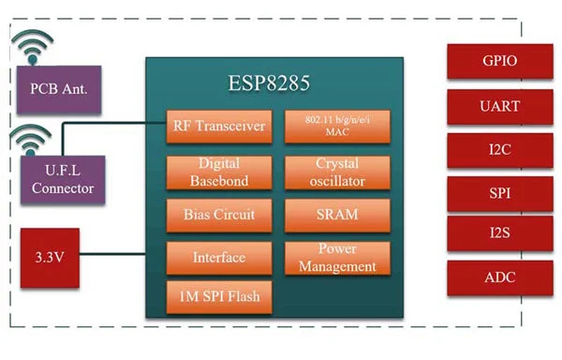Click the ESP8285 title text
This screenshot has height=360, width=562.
(269, 83)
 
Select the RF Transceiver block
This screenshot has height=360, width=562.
(219, 127)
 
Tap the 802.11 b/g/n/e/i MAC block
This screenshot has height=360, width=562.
(337, 127)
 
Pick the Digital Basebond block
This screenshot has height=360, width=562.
(219, 172)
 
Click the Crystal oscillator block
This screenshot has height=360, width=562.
(337, 172)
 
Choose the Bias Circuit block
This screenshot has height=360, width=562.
(219, 216)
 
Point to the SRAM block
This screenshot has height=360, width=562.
(337, 216)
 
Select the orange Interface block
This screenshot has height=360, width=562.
(219, 258)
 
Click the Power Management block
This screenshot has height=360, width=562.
(337, 258)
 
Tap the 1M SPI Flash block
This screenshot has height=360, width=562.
(219, 297)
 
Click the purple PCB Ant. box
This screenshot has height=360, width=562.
(59, 89)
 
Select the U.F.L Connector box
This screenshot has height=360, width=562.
(63, 180)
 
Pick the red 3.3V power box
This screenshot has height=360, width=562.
(50, 258)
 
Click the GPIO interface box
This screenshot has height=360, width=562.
(500, 61)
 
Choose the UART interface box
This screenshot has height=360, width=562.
(500, 107)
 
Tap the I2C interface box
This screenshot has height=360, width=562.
(500, 150)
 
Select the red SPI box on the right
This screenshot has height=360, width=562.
(500, 194)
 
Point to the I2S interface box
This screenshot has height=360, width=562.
(500, 233)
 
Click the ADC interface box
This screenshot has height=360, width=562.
(500, 277)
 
